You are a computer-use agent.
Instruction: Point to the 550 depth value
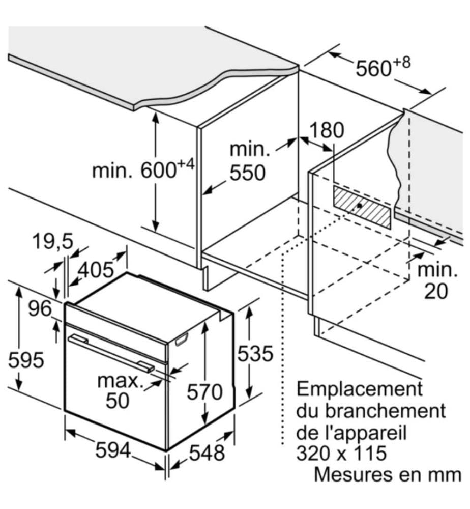248,173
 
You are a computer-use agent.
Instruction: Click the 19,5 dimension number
53,241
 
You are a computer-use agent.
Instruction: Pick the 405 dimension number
96,269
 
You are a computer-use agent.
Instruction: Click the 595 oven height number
26,360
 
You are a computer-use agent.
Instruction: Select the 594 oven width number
113,450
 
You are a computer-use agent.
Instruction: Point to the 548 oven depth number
207,453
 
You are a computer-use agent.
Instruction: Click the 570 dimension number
204,391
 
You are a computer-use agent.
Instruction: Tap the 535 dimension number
255,354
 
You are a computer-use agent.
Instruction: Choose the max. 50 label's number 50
118,401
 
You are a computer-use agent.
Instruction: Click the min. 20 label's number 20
436,291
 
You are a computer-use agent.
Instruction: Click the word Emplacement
360,388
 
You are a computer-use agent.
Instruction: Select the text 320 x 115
341,453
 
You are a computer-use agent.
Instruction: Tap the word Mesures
354,474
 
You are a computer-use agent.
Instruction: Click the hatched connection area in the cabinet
362,207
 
